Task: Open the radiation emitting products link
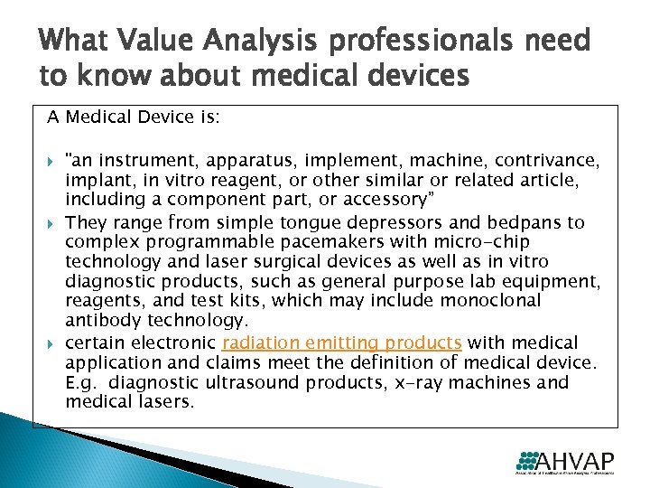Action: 341,343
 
